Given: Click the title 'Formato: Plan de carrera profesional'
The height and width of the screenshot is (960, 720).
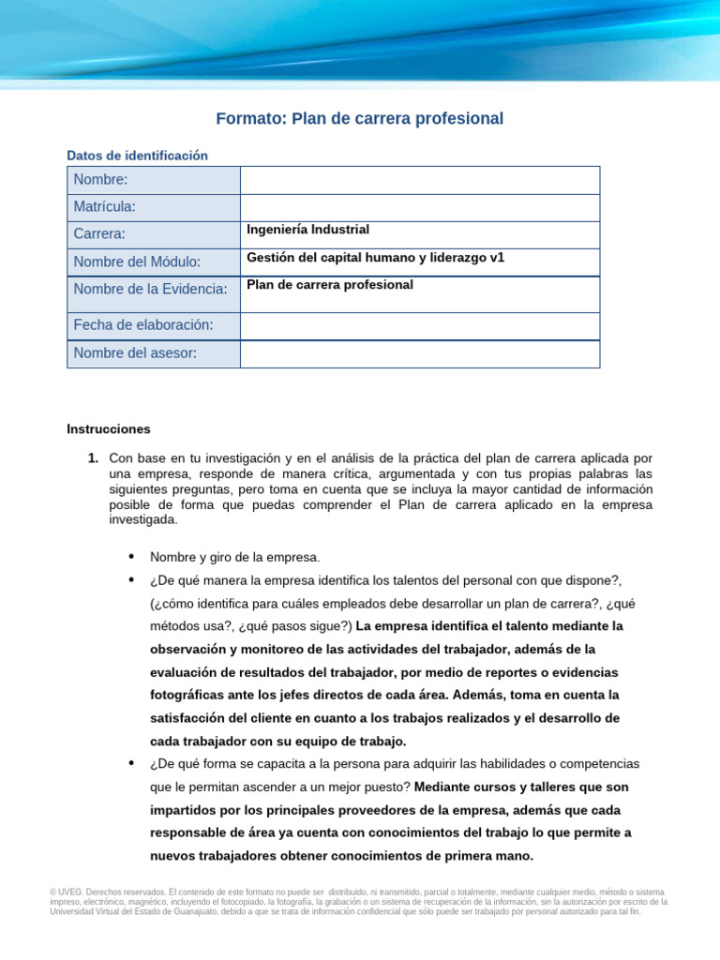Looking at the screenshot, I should click(x=359, y=119).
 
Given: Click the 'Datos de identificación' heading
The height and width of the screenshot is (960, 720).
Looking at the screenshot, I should click(x=137, y=156).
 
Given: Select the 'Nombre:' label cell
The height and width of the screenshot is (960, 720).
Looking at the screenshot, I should click(x=154, y=180).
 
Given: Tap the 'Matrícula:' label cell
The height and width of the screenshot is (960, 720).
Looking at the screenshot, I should click(x=154, y=207).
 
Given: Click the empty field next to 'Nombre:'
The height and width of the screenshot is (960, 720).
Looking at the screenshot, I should click(x=419, y=180).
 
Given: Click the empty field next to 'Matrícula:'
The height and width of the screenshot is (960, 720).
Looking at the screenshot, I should click(x=419, y=207).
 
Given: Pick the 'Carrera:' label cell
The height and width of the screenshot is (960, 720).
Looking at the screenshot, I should click(x=154, y=234).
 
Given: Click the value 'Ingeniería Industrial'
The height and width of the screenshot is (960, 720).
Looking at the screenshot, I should click(x=307, y=230).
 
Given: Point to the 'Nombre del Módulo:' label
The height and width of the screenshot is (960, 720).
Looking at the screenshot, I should click(x=137, y=262).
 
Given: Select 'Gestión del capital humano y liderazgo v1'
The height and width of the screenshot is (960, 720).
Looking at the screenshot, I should click(x=375, y=257).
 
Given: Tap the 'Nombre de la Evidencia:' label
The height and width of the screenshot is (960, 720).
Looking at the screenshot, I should click(x=150, y=290).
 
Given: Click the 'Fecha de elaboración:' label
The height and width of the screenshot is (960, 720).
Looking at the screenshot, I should click(x=143, y=325).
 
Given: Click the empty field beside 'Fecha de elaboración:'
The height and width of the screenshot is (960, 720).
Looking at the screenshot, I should click(x=419, y=325).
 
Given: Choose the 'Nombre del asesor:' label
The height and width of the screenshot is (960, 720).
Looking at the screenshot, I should click(x=135, y=353).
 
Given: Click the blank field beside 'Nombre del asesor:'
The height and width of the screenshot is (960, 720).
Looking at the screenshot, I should click(x=419, y=353).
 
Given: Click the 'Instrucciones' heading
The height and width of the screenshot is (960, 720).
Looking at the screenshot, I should click(x=109, y=429).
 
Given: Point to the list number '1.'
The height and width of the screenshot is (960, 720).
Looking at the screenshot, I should click(x=93, y=458).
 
